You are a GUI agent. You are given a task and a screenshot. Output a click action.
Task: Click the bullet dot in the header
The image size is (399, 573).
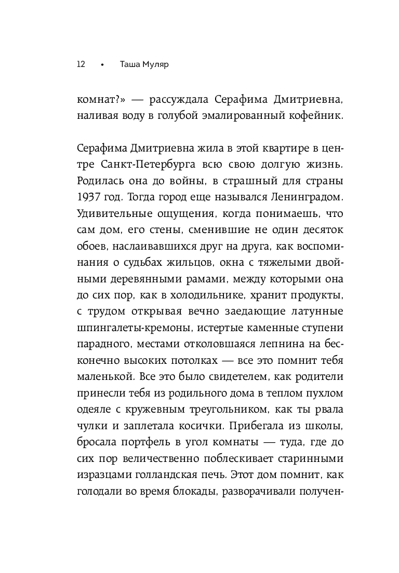tap(102, 65)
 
